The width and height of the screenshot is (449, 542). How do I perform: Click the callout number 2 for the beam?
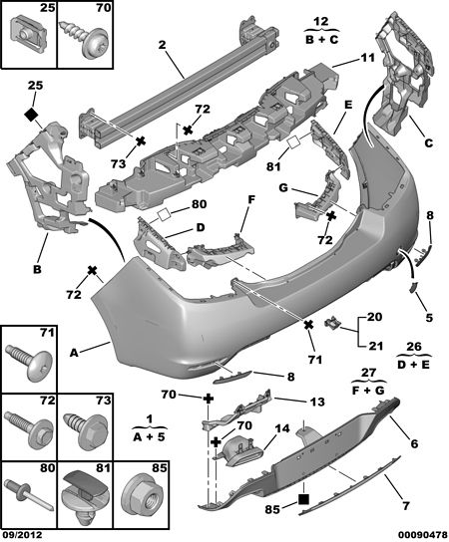pos(163,45)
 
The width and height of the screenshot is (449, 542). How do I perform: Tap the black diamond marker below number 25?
pos(32,115)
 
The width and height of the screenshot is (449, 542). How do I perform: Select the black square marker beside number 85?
pos(303,499)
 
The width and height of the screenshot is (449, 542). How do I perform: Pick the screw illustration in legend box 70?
pos(86,37)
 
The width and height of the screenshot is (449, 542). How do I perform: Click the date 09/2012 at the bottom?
pos(22,534)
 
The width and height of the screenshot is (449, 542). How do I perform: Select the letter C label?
pos(429,142)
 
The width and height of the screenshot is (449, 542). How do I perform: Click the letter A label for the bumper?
pos(74,353)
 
